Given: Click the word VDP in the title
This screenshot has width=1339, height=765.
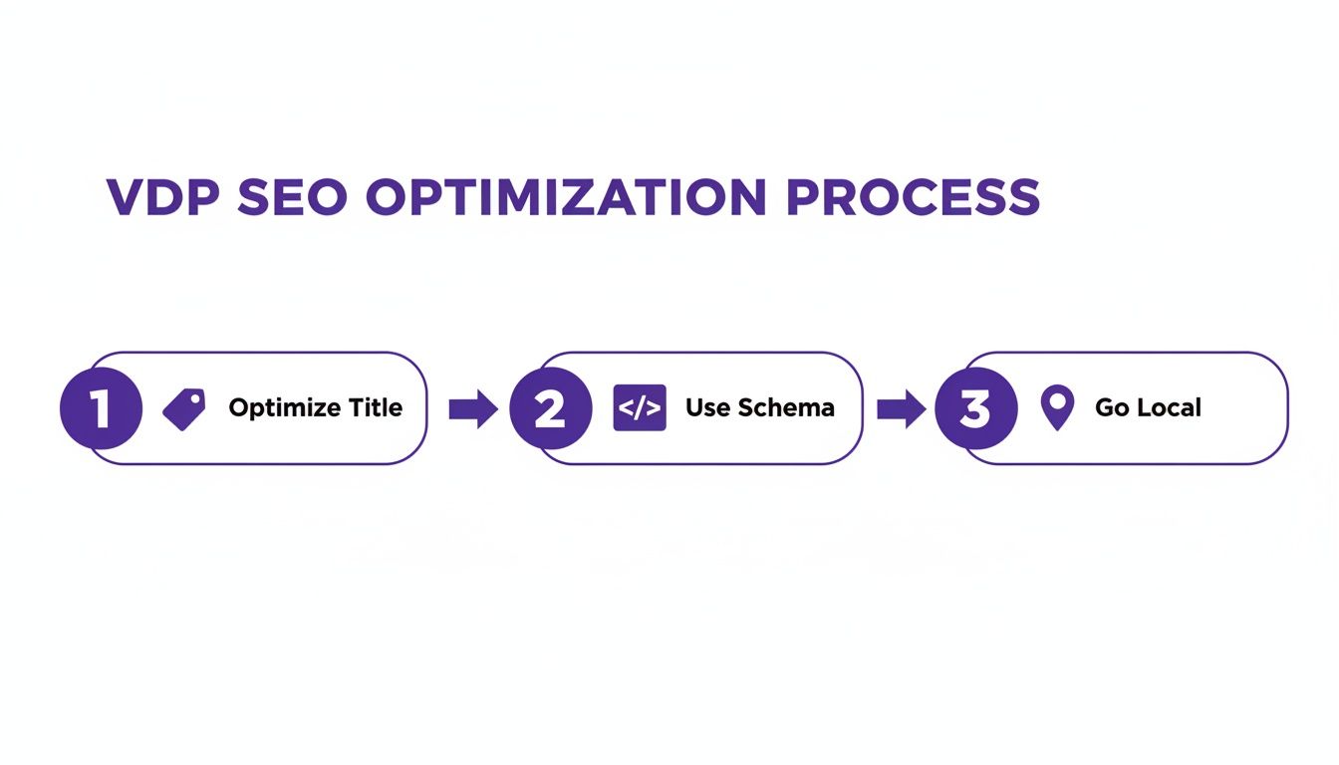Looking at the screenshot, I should tap(164, 198).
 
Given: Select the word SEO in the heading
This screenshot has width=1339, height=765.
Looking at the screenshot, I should tap(294, 198).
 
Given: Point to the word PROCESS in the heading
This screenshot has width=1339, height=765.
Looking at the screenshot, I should tap(913, 198).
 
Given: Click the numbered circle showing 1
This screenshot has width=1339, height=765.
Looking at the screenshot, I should tap(101, 408).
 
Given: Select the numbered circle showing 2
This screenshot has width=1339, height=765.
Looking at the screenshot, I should tap(550, 408).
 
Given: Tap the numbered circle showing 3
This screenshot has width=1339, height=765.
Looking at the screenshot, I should tap(976, 408).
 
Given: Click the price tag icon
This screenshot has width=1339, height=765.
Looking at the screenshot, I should tap(183, 409).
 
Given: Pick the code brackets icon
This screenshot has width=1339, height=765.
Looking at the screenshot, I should tap(640, 408).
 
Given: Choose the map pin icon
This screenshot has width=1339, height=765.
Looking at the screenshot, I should tap(1057, 407).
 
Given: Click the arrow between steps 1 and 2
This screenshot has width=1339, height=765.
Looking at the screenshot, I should tap(473, 408).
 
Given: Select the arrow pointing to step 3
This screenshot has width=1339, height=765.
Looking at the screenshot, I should tap(901, 408).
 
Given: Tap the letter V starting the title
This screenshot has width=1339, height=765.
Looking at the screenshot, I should tap(124, 198).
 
